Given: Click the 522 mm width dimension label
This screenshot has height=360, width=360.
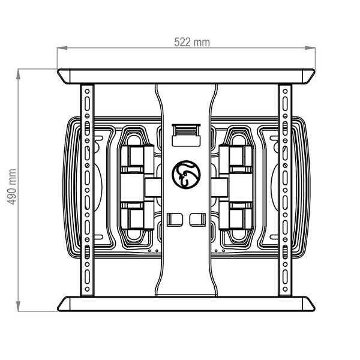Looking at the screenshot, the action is (x=192, y=42).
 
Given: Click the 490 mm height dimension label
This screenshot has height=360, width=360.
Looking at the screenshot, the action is (x=12, y=187).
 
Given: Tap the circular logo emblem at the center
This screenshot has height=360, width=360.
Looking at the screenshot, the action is (x=186, y=175).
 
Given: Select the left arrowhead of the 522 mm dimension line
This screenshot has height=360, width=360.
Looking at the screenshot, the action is (x=62, y=48).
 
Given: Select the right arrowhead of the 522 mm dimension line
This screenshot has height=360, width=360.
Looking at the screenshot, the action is (x=310, y=48).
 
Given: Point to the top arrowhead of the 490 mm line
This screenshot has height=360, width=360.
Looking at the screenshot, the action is (x=18, y=74).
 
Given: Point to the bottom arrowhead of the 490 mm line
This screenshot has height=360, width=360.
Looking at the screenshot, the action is (x=18, y=306).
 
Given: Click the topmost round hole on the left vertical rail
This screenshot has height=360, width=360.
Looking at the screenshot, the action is (x=87, y=91).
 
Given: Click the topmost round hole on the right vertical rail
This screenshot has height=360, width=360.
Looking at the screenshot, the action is (x=285, y=91).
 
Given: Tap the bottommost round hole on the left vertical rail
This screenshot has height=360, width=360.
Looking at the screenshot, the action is (x=87, y=289).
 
